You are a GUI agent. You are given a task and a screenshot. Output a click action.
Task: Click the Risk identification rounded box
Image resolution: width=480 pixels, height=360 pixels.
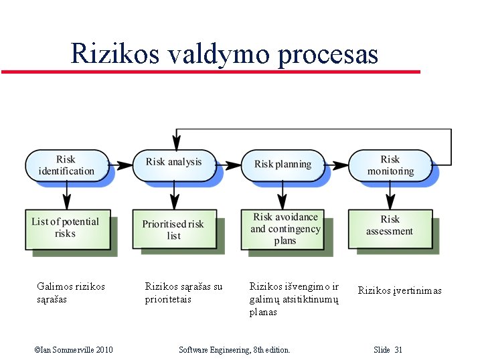tap(66, 165)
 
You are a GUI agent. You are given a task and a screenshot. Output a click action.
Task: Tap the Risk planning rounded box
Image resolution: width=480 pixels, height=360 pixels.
tap(283, 164)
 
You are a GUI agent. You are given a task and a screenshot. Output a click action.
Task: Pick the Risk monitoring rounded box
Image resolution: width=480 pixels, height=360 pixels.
tap(390, 165)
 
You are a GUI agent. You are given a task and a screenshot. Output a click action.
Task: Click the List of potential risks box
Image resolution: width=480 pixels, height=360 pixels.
tap(65, 228)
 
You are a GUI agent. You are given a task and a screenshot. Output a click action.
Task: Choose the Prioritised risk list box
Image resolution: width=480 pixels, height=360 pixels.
tap(173, 230)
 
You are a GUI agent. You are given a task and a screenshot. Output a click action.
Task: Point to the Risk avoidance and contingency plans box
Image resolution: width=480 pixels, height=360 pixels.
tap(285, 229)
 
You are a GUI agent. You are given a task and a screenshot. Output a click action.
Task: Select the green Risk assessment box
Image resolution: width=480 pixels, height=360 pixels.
tap(390, 226)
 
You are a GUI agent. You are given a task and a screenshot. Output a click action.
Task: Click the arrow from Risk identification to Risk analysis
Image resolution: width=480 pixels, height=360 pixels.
tap(121, 164)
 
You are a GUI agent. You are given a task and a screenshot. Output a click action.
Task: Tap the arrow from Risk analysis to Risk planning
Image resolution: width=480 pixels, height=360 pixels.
tap(229, 164)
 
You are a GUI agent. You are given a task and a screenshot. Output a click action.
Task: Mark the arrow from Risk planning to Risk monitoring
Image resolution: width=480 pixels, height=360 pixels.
tap(337, 164)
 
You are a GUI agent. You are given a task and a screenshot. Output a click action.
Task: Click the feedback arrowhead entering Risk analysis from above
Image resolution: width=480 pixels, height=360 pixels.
tap(176, 143)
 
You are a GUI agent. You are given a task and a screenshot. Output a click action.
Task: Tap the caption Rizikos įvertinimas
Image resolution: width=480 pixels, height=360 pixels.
tap(400, 290)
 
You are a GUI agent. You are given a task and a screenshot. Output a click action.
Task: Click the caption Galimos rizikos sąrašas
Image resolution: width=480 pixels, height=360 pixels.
tap(70, 293)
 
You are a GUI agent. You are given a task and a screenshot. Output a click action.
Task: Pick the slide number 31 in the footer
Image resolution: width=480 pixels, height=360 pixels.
tap(398, 350)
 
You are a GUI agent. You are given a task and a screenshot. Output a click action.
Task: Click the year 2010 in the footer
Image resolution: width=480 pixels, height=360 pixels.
tap(104, 350)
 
